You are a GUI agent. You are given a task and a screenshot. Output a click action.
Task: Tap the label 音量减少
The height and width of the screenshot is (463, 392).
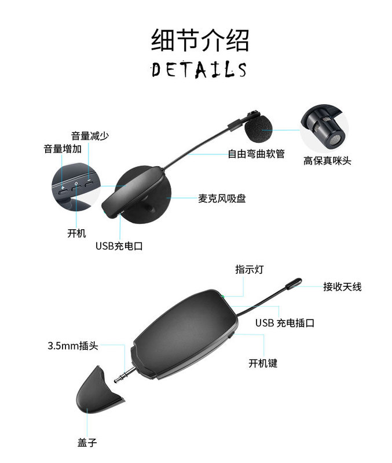90,136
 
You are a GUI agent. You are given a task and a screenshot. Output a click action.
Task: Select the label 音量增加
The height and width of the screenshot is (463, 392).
63,149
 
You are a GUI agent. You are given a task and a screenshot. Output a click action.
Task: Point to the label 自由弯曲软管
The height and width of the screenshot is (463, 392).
256,154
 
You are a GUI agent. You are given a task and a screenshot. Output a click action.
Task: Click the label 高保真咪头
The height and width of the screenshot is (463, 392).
327,161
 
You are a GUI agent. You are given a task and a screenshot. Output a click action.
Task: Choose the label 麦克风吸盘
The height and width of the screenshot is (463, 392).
222,199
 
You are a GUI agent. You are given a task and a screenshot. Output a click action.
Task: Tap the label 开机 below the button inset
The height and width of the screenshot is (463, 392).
76,233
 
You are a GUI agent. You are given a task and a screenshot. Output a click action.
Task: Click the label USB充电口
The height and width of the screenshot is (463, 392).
119,246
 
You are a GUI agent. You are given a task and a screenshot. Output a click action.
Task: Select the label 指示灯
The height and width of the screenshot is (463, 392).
246,270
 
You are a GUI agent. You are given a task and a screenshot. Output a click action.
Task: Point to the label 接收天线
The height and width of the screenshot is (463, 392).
342,286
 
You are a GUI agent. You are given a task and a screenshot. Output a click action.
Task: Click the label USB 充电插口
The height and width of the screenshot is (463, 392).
285,323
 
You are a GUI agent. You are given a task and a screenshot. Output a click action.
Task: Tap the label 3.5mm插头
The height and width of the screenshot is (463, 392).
72,346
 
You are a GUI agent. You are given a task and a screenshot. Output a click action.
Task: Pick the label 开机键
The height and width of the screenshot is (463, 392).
263,363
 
